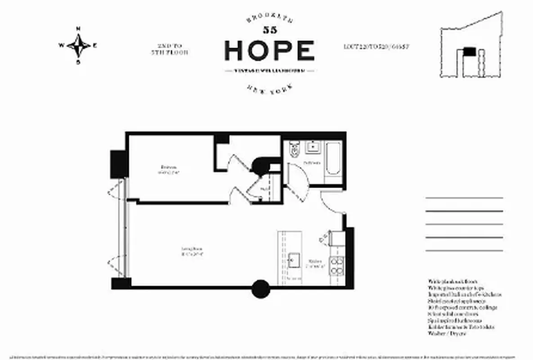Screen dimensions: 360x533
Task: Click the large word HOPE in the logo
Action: (269, 50)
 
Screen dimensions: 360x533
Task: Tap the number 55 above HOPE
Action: (269, 31)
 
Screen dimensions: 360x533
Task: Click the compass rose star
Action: (78, 45)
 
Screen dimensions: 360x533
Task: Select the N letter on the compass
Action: (78, 29)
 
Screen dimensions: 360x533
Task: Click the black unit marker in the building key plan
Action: (469, 51)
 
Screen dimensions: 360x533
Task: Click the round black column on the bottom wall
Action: (260, 289)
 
